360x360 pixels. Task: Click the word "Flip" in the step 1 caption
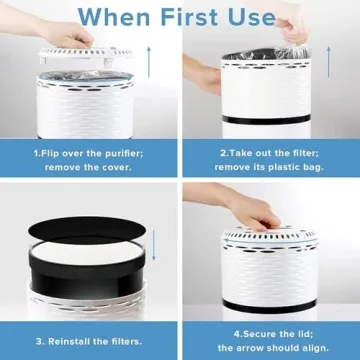pyautogui.click(x=55, y=154)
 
